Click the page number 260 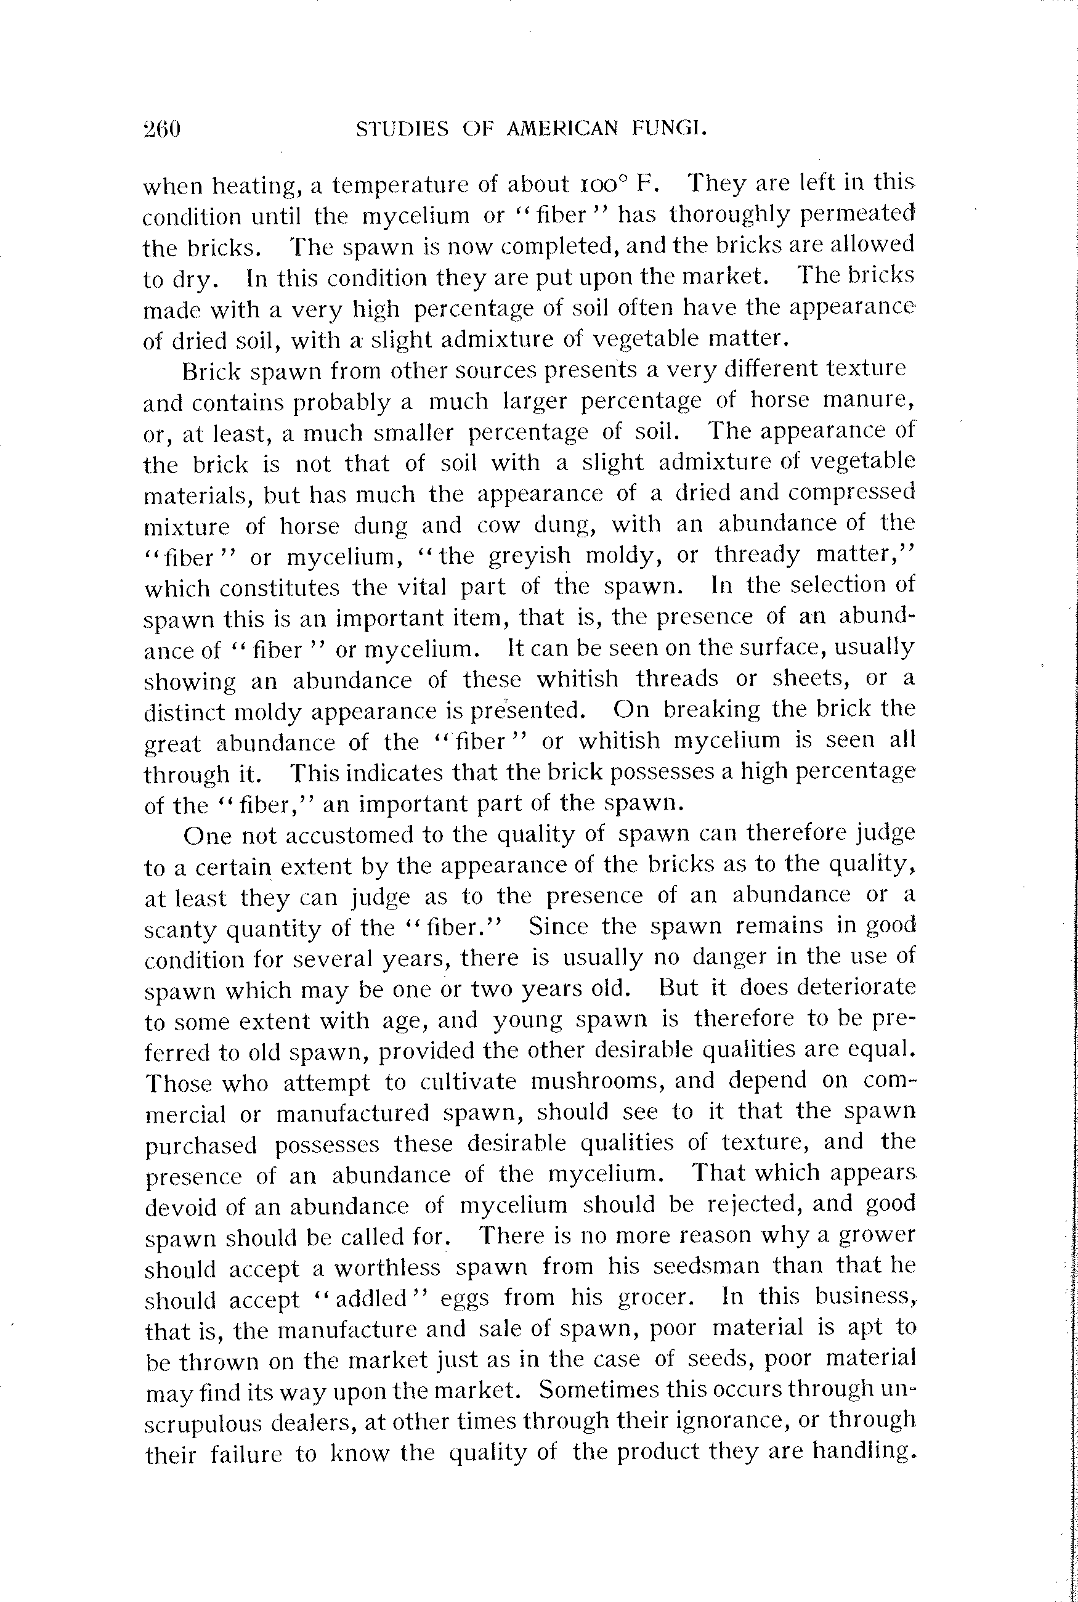pyautogui.click(x=162, y=129)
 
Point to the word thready pyautogui.click(x=757, y=554)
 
